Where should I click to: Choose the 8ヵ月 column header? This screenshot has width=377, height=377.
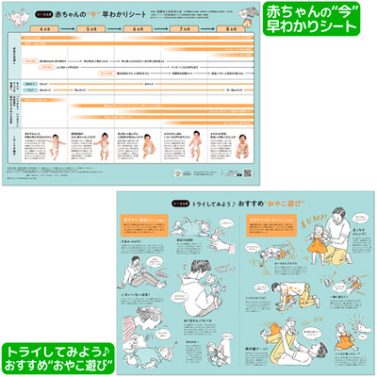(235, 28)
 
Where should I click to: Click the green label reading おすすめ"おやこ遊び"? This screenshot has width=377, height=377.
(56, 357)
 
